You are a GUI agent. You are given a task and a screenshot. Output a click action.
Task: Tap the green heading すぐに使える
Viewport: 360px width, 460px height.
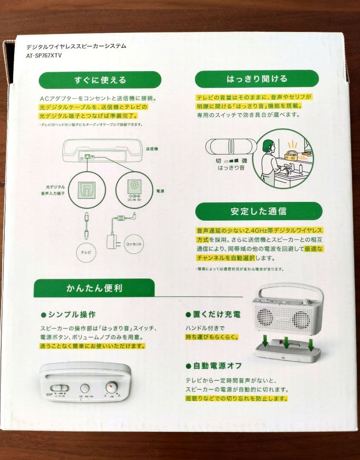[100, 80]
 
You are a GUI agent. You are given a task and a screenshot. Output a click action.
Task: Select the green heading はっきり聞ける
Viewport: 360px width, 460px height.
[257, 79]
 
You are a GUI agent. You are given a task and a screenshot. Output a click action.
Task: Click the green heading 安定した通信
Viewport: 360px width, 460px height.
[258, 211]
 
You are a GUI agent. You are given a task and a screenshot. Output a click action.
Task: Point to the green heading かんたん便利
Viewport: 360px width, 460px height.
[94, 288]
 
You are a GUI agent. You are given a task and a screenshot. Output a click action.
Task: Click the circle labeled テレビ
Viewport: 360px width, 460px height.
[86, 252]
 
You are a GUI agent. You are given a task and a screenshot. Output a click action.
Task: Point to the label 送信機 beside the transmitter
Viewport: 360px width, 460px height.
[152, 149]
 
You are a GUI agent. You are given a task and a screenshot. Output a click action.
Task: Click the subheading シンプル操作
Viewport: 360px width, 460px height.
[68, 315]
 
